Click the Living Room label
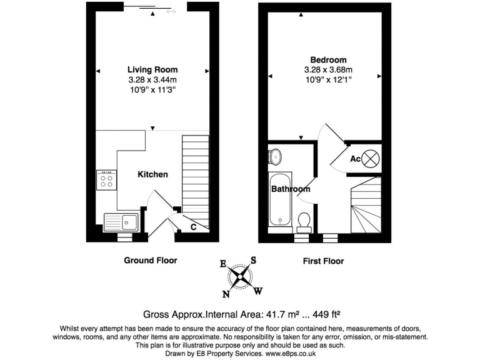(152, 69)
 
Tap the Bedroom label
(324, 60)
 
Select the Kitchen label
(152, 174)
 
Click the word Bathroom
(291, 189)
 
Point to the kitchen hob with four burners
(106, 180)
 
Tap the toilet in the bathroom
(304, 221)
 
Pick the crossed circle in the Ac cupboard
(371, 158)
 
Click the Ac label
(355, 159)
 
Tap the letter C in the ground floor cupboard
(194, 227)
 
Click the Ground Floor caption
(151, 261)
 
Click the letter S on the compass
(254, 259)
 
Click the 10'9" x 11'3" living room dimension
(152, 89)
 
